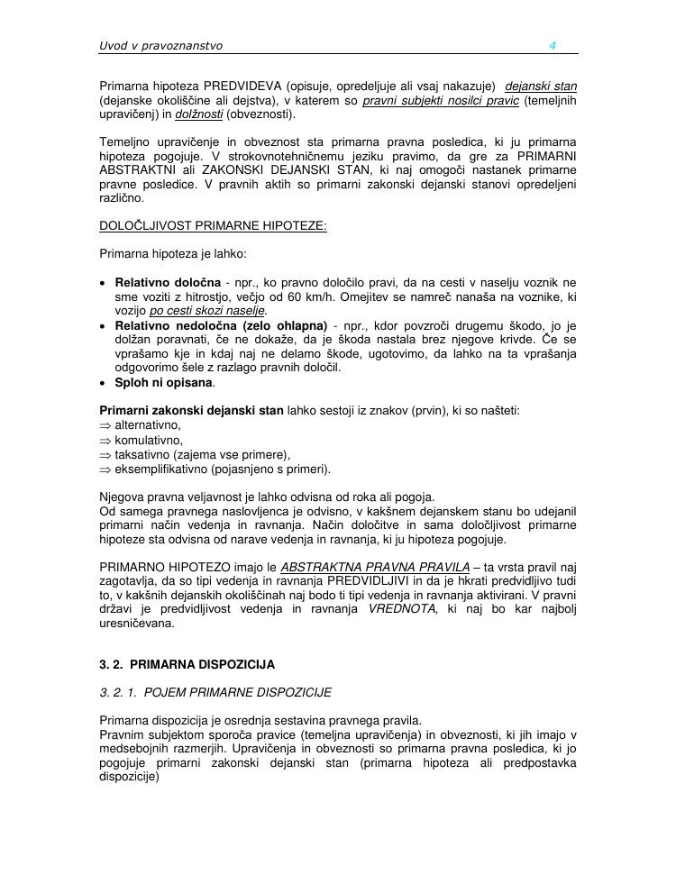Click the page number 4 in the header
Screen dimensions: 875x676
coord(553,45)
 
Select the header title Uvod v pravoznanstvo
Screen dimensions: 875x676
coord(160,45)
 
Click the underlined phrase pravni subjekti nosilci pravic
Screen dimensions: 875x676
coord(441,100)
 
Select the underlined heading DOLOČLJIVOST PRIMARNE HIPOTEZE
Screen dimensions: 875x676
coord(213,226)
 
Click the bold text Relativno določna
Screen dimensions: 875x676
coord(168,283)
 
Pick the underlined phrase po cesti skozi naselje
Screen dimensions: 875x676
coord(208,312)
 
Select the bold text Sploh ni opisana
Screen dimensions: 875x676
coord(165,382)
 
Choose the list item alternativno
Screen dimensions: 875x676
coord(148,425)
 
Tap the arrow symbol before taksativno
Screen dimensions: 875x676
coord(105,454)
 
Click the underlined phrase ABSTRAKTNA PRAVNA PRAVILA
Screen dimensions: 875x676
coord(374,568)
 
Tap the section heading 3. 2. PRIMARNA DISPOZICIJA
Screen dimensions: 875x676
coord(187,665)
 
